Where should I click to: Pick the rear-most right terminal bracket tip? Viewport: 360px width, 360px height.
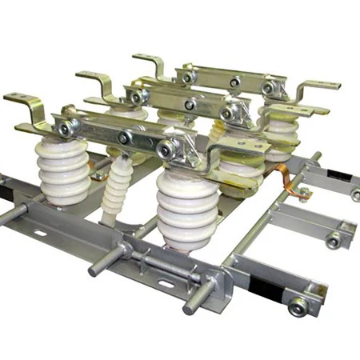328,84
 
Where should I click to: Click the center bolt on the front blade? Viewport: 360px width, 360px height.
123,138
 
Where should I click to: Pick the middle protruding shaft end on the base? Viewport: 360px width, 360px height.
94,269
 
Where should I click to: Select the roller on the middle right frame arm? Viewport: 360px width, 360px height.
334,239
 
